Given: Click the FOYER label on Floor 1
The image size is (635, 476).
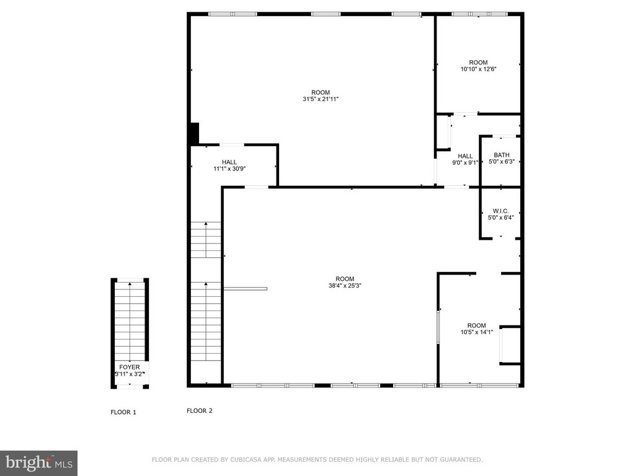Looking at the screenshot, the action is [x=130, y=367].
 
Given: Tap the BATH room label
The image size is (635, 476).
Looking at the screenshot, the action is [x=501, y=155].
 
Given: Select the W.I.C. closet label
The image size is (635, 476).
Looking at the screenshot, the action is [x=500, y=211].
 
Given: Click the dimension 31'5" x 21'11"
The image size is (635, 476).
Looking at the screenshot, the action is [x=321, y=99].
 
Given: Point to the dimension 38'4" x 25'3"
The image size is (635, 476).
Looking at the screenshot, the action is [x=345, y=285].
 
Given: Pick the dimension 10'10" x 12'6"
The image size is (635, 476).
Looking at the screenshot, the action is [x=478, y=69].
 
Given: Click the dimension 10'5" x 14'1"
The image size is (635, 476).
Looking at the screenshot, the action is [x=477, y=332].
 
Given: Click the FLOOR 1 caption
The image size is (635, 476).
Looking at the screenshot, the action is [x=123, y=412].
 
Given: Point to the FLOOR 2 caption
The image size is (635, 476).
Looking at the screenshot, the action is [x=200, y=410].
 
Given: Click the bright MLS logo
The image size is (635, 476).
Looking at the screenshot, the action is [x=39, y=463].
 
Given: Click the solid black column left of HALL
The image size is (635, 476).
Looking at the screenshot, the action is [x=195, y=133].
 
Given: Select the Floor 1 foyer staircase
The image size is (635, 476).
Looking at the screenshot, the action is [x=130, y=322].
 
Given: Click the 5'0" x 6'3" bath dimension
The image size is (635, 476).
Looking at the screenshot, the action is [x=501, y=162].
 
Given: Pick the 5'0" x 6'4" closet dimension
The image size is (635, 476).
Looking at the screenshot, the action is [x=500, y=218].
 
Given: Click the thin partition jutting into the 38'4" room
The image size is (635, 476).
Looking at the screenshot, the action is [x=246, y=289].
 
